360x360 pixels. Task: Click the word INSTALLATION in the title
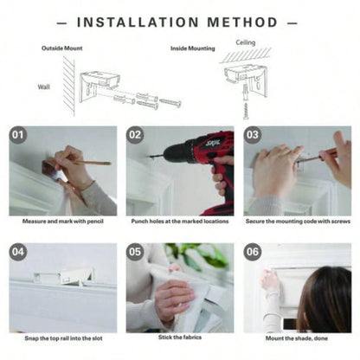[138, 22]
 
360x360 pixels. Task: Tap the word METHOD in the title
[242, 22]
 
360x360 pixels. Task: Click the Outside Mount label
[62, 48]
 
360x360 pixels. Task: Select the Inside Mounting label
[193, 48]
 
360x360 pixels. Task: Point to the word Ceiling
[246, 42]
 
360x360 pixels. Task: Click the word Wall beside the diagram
[43, 87]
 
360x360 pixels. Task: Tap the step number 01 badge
[18, 135]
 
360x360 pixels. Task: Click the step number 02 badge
[135, 135]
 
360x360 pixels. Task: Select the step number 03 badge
[253, 135]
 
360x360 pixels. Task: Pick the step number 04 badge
[18, 252]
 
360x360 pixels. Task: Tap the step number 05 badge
[135, 252]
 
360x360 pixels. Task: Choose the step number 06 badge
[253, 252]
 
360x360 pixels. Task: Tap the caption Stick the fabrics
[180, 337]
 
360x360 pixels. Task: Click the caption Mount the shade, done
[297, 338]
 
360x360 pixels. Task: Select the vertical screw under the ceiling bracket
[246, 110]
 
